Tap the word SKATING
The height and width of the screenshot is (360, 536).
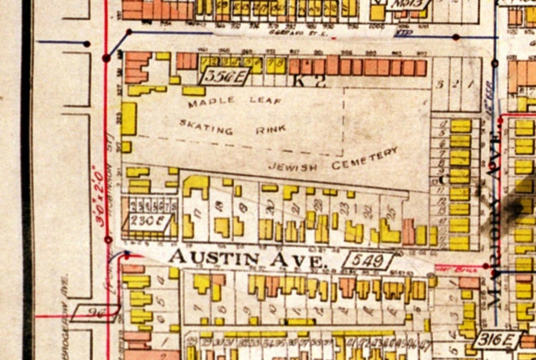coord(206,127)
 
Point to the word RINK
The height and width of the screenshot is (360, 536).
coord(270,130)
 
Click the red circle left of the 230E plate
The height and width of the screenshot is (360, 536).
coord(108,240)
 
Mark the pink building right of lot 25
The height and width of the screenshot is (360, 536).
coord(408,231)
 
